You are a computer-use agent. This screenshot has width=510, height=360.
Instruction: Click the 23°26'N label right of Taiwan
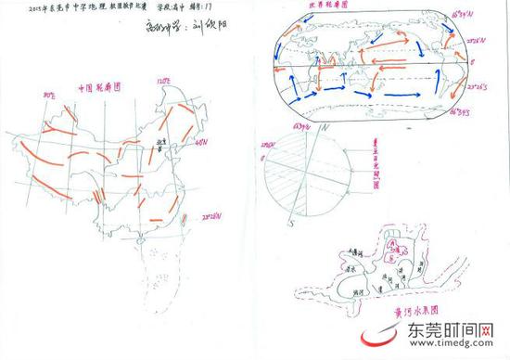215,218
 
